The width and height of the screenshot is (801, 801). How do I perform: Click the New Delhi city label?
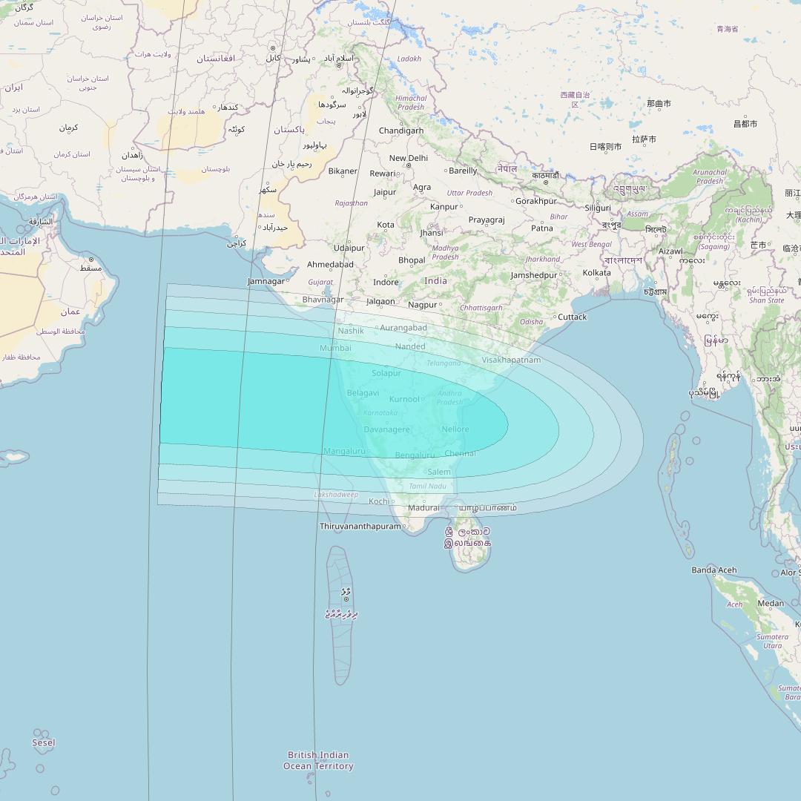click(409, 158)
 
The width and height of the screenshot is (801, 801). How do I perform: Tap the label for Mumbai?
click(335, 348)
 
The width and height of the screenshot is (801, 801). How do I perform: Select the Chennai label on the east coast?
click(460, 453)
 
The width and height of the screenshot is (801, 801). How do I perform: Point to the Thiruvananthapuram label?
click(360, 527)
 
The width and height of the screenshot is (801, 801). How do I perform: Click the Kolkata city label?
click(596, 273)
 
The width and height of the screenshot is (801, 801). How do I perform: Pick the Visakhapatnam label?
click(511, 360)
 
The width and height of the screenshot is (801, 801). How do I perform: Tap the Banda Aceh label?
click(713, 570)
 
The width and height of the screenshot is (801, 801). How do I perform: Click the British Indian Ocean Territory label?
click(318, 760)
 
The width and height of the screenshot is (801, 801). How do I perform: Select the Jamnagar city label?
click(266, 281)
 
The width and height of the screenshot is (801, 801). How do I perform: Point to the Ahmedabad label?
click(330, 264)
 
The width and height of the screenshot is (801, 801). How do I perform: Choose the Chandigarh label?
click(401, 131)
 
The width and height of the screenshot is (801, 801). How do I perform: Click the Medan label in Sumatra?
click(771, 603)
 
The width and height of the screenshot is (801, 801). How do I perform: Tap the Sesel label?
click(44, 742)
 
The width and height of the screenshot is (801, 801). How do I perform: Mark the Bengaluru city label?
click(415, 455)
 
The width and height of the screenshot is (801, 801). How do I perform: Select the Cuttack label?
click(572, 317)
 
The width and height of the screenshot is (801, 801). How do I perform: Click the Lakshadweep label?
click(336, 495)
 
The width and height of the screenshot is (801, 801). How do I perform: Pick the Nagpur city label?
click(422, 305)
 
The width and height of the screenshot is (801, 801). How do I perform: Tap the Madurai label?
click(423, 508)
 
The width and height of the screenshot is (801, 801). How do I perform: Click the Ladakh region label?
click(409, 59)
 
